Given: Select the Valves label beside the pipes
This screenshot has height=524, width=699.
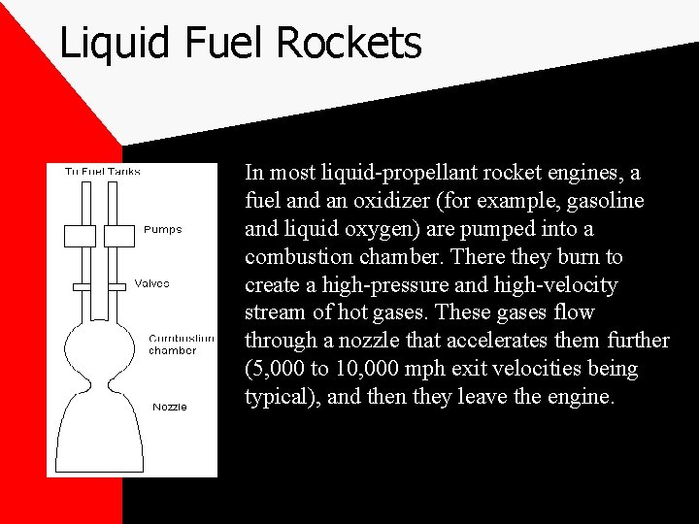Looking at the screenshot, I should [x=150, y=284].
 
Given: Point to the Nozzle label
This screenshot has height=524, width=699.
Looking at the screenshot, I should [x=170, y=407].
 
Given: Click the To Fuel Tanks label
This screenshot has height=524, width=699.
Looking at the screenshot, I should [x=102, y=172].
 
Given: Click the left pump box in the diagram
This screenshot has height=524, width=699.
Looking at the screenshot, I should [x=80, y=236].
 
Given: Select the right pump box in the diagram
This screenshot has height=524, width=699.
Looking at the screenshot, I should [x=116, y=236].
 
